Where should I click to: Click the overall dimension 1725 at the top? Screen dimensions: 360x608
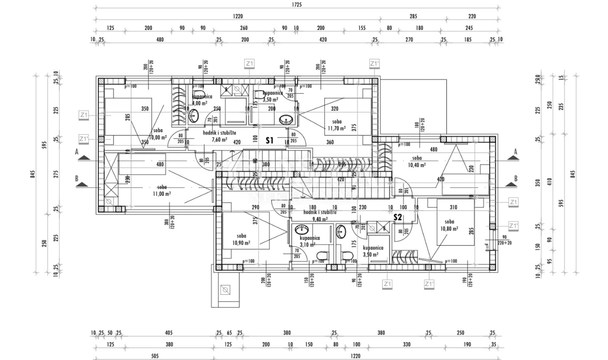tap(297, 5)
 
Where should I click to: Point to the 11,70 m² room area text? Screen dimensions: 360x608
tap(335, 129)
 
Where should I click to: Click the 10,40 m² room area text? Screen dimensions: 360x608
tap(417, 165)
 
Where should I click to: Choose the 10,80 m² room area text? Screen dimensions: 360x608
tap(449, 229)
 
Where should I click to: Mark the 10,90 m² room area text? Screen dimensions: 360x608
tap(241, 243)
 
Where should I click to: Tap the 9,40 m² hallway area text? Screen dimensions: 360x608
tap(320, 220)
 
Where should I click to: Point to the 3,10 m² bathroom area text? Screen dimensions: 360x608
tap(309, 245)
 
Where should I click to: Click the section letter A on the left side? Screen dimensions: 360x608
tap(77, 151)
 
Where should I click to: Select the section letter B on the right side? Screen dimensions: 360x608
tap(515, 178)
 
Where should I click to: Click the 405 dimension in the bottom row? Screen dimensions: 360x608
tap(169, 333)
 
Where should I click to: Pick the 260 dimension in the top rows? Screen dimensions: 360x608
tap(244, 28)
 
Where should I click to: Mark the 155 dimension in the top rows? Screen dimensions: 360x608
tap(361, 28)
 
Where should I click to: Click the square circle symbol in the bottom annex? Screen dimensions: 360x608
tap(226, 290)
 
